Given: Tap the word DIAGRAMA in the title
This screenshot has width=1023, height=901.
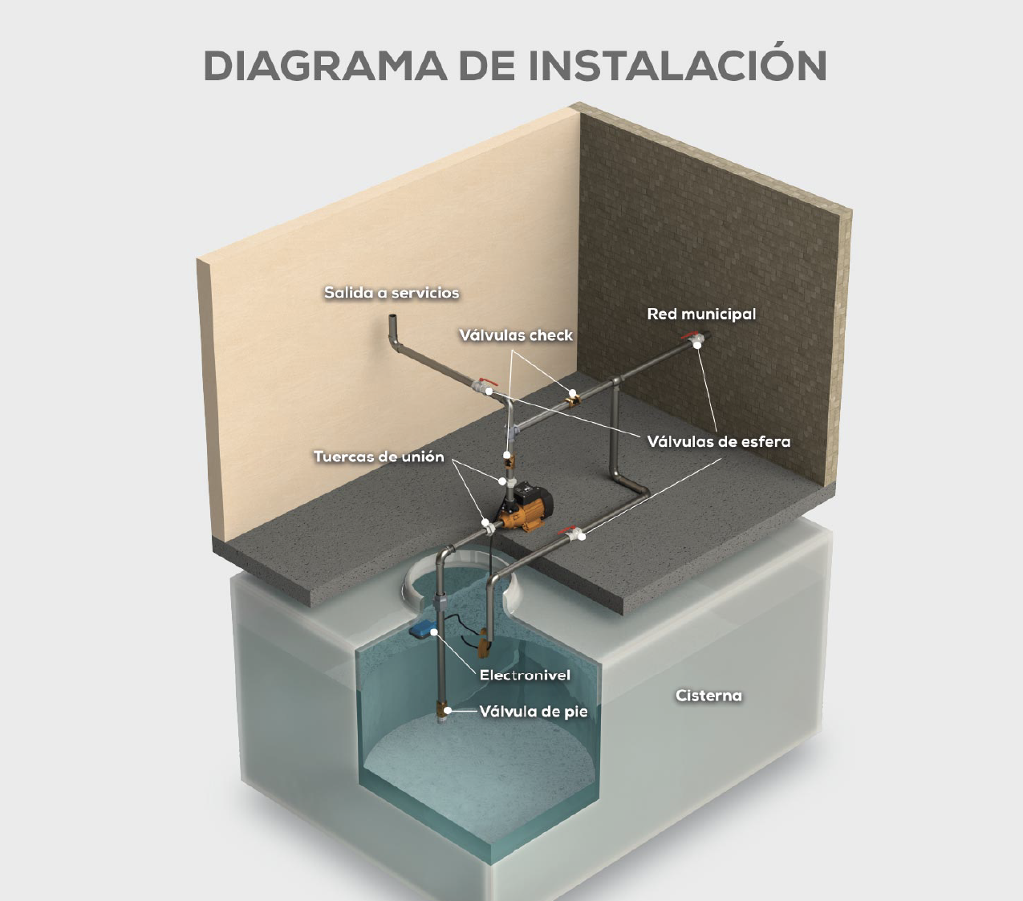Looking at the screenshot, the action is click(325, 66).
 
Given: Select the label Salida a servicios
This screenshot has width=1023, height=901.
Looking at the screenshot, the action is click(392, 293).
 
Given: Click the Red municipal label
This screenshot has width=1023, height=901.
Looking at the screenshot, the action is click(701, 315).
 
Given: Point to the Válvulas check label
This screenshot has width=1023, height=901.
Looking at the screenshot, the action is click(516, 335).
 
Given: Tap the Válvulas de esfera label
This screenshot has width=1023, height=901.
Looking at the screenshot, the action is click(719, 442).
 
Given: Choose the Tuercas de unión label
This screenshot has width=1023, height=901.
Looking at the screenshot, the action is click(379, 457).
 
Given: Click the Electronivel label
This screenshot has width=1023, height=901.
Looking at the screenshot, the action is click(525, 676).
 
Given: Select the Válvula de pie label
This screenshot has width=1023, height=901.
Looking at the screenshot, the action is click(534, 712).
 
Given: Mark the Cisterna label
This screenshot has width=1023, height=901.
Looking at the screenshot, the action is click(709, 696).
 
